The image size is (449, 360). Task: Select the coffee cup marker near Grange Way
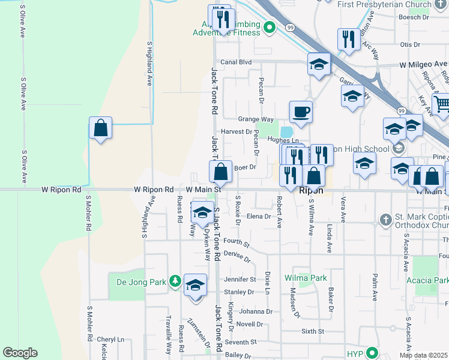point(301,112)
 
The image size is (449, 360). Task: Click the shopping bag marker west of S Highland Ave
point(101,128)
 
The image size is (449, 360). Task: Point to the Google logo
point(20,353)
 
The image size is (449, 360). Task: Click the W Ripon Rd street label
point(61,190)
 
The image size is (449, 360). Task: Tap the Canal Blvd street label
point(236,62)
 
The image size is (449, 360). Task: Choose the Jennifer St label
point(240,279)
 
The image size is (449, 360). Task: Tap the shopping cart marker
point(441,104)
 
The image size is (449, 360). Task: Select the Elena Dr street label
point(260,216)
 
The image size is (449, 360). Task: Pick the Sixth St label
point(312,331)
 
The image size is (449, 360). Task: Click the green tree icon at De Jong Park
point(175,281)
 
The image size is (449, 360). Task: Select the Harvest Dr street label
point(237,131)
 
